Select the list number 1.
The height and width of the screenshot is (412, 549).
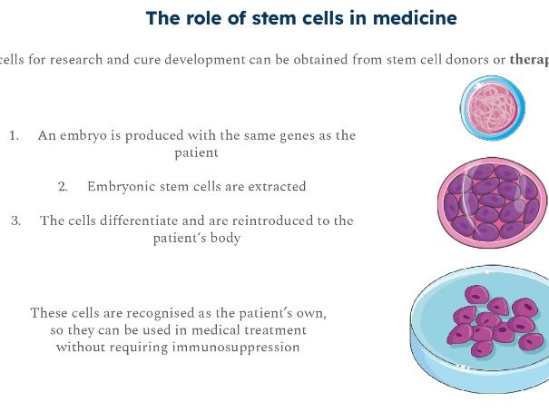(x=14, y=135)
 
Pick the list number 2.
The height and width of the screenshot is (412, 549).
(x=64, y=186)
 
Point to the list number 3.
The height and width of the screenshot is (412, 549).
(x=15, y=221)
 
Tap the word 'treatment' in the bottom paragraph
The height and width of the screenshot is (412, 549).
(x=272, y=329)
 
